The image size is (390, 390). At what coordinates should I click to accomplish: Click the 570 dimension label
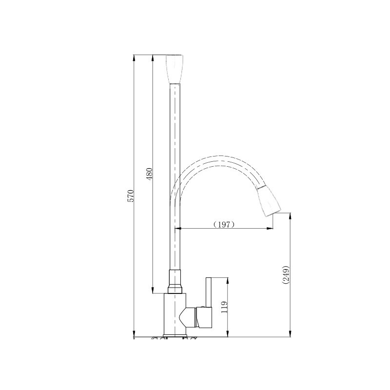click(x=131, y=196)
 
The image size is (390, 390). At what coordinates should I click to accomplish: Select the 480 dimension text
click(x=149, y=174)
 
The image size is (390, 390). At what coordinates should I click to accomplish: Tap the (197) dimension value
click(x=224, y=225)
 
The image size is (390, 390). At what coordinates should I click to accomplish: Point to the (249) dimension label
click(x=286, y=275)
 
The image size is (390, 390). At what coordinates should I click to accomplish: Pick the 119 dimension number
click(x=224, y=307)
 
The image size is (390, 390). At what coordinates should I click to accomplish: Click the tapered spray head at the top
click(x=175, y=69)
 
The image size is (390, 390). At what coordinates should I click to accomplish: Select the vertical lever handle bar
click(x=209, y=292)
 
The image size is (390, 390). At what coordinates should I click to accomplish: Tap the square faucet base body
click(x=175, y=313)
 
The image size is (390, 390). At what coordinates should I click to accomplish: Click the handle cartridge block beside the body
click(x=204, y=318)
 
